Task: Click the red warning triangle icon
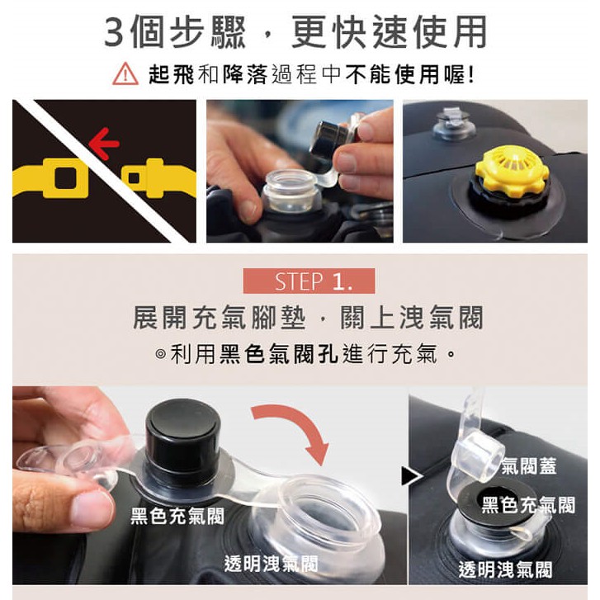125,73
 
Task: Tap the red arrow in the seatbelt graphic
103,144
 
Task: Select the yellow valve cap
512,171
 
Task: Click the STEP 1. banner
309,281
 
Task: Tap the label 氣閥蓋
528,465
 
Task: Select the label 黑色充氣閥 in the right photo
528,504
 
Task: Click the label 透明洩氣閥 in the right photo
505,569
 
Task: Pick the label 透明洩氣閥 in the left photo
272,563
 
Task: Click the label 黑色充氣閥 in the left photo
177,516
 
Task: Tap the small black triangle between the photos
411,476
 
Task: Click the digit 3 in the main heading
116,32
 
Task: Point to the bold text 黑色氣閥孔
278,352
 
